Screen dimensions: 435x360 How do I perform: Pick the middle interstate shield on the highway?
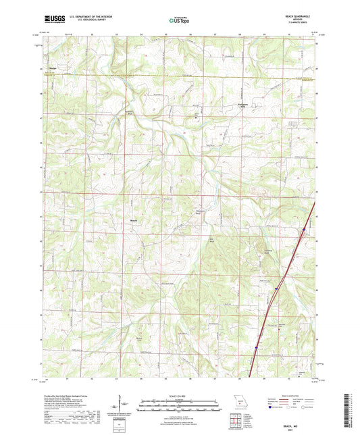[x=276, y=289]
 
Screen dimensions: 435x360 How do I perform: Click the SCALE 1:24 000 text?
[x=180, y=395]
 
